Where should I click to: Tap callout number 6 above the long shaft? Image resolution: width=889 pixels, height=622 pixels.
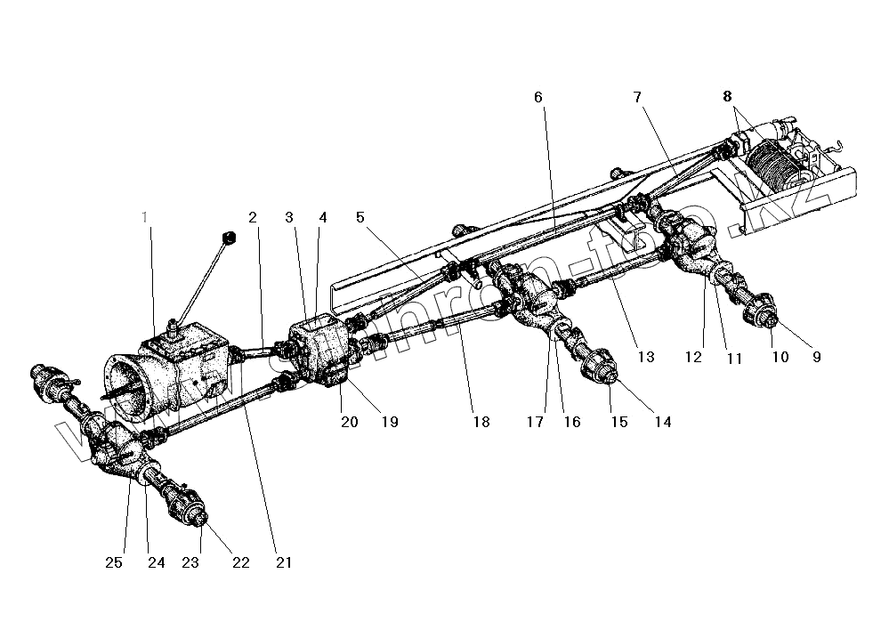pos(538,96)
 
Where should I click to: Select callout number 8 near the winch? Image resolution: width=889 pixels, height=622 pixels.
pos(727,95)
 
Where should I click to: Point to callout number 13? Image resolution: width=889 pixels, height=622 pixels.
pos(645,357)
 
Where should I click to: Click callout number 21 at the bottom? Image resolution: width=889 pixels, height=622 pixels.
pos(285,562)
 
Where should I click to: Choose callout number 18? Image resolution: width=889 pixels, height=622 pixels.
pos(481,423)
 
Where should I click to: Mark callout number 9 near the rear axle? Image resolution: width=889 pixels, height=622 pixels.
pos(816,357)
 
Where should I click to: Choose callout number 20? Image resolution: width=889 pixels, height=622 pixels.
pos(349,423)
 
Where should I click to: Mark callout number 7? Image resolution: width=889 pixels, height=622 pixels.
pos(638,96)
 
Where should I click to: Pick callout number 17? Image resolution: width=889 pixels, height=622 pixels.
pos(536,423)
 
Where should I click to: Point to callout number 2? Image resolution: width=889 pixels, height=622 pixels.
pos(253,215)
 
